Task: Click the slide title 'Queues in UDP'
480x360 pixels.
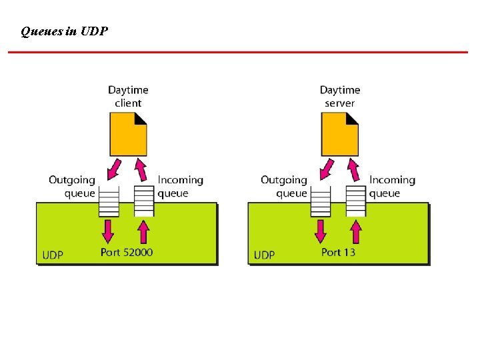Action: coord(65,31)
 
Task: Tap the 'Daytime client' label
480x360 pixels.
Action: coord(128,96)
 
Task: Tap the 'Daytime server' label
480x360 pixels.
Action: coord(339,96)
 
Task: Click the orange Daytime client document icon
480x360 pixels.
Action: coord(128,133)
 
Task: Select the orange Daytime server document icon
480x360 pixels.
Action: coord(339,133)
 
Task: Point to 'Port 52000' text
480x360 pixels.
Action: coord(127,252)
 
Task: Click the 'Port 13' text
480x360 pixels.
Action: coord(338,252)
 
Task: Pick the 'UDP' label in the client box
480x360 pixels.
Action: coord(53,255)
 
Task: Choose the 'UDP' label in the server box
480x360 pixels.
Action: coord(264,255)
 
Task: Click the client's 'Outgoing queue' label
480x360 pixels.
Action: coord(72,187)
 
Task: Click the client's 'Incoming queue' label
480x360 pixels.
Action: coord(180,187)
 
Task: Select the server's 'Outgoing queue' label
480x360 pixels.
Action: coord(284,187)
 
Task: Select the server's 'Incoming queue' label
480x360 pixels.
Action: coord(392,187)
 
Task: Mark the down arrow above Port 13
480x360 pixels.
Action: coord(321,231)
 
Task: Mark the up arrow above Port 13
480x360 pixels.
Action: coord(356,231)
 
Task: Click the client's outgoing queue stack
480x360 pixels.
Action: coord(109,201)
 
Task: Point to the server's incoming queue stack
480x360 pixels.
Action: coord(356,201)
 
